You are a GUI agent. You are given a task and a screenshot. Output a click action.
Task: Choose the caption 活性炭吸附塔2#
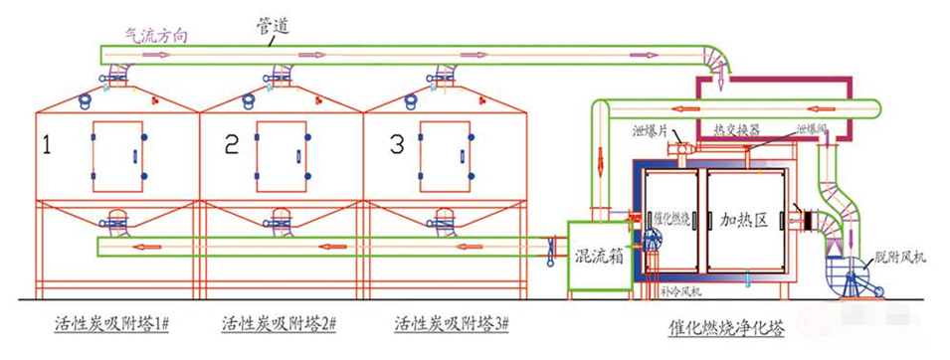coord(280,324)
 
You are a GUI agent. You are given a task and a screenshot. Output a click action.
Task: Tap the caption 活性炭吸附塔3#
coord(452,324)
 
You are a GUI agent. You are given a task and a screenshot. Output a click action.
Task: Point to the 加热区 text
coord(746,221)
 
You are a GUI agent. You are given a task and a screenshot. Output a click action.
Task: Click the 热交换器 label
coord(737,130)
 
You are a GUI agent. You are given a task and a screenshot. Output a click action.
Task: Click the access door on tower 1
coord(117,156)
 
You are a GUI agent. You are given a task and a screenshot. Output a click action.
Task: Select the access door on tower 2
coord(280,156)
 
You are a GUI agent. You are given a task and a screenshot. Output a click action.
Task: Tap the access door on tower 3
coord(443,156)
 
